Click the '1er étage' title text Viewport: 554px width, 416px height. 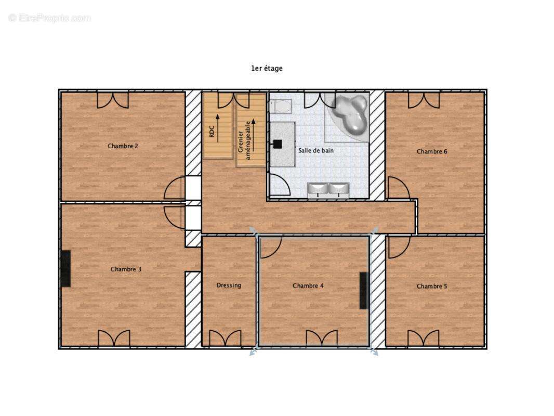point(267,68)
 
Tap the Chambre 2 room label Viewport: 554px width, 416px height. point(123,146)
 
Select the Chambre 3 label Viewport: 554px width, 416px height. point(126,269)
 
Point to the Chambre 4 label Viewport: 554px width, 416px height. point(308,285)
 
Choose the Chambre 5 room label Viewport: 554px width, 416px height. point(432,287)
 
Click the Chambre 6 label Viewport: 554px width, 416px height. point(432,152)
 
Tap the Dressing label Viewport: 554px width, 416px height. point(229,285)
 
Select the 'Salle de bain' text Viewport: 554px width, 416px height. point(316,151)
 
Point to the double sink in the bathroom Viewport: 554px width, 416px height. point(328,190)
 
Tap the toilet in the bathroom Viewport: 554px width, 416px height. point(281,106)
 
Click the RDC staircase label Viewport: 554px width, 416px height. point(212,132)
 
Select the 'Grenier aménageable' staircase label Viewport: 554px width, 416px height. point(244,141)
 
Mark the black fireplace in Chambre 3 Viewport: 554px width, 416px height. point(65,269)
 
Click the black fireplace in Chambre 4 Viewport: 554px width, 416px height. point(364,291)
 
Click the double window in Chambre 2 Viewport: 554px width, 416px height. point(113,100)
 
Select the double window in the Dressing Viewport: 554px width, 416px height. point(225,338)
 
